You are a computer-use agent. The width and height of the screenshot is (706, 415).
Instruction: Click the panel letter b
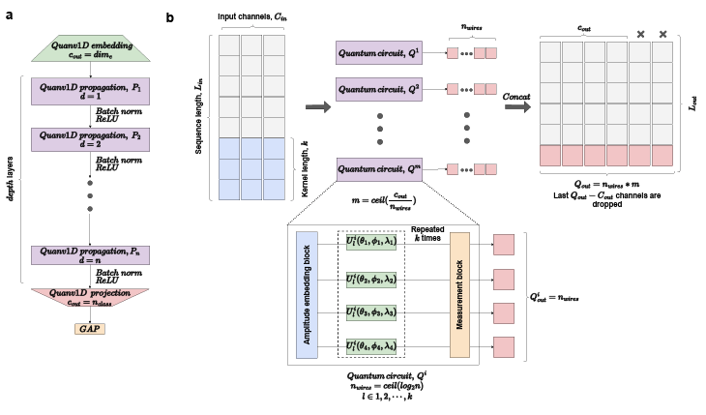click(171, 17)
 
